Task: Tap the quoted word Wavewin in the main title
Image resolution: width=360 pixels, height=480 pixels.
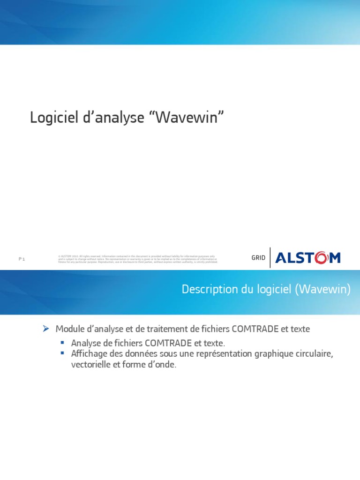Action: tap(187, 118)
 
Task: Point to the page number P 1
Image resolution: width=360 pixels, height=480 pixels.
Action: tap(22, 259)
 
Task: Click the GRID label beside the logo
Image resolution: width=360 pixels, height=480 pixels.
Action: tap(258, 258)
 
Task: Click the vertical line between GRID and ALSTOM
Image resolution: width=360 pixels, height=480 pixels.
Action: tap(270, 257)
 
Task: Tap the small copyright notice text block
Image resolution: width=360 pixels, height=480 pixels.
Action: tap(137, 259)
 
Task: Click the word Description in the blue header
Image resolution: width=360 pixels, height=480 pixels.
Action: tap(205, 290)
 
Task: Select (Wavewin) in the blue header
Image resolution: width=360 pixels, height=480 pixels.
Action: tap(323, 290)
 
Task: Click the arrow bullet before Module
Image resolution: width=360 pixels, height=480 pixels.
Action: tap(46, 329)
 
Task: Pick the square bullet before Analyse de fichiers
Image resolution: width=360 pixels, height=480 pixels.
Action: tap(62, 343)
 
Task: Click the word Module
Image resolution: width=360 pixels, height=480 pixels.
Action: tap(68, 329)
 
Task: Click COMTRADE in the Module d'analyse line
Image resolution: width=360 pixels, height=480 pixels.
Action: tap(255, 329)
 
